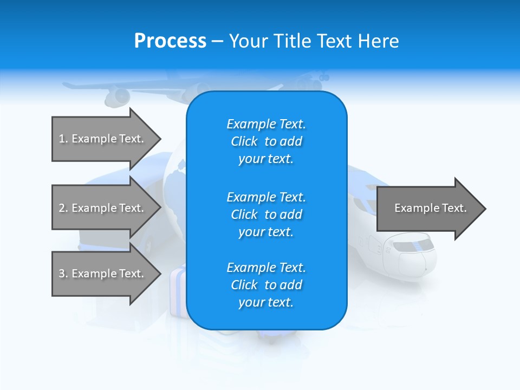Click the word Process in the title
[x=170, y=41]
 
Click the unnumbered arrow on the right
[x=430, y=208]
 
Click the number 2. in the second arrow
[x=63, y=208]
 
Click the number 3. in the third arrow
[x=63, y=274]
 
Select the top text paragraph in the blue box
[x=266, y=141]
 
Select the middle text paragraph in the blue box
[x=266, y=214]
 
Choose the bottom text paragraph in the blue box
[x=266, y=285]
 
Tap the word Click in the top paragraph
[x=244, y=141]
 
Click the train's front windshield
[x=415, y=247]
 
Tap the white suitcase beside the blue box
[x=178, y=292]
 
